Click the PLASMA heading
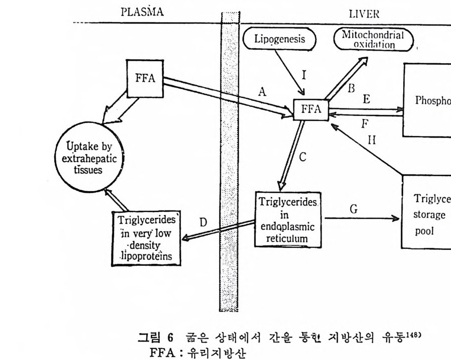click(142, 13)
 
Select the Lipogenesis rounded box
click(281, 39)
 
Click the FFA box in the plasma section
click(144, 79)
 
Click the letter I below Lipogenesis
click(303, 76)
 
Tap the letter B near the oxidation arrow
click(350, 88)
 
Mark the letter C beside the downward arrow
click(302, 157)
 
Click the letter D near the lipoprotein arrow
click(203, 222)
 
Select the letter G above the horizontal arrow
click(353, 209)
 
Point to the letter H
click(371, 140)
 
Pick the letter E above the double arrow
click(366, 99)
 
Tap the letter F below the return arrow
click(363, 122)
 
